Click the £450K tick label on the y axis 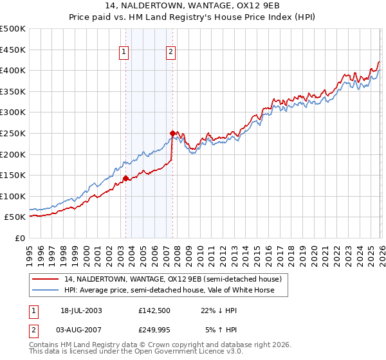pyautogui.click(x=13, y=50)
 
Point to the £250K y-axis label pyautogui.click(x=13, y=133)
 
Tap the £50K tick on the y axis pyautogui.click(x=15, y=217)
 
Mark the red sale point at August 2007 pyautogui.click(x=172, y=133)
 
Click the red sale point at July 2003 pyautogui.click(x=126, y=178)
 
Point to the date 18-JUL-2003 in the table pyautogui.click(x=81, y=310)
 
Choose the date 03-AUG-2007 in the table pyautogui.click(x=81, y=330)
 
